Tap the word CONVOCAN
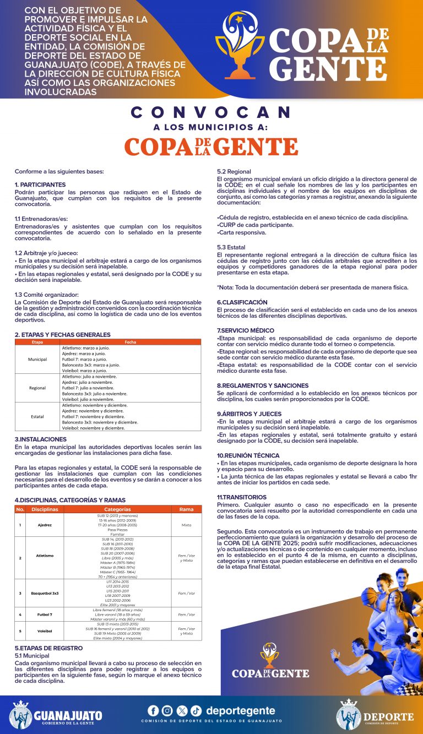211,113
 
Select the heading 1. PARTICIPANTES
40,184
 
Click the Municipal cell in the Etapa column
37,359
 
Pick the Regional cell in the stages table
37,388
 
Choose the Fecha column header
131,342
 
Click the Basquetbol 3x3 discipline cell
45,593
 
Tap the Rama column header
186,509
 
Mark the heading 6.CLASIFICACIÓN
242,302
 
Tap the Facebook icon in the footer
153,710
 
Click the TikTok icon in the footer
196,710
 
